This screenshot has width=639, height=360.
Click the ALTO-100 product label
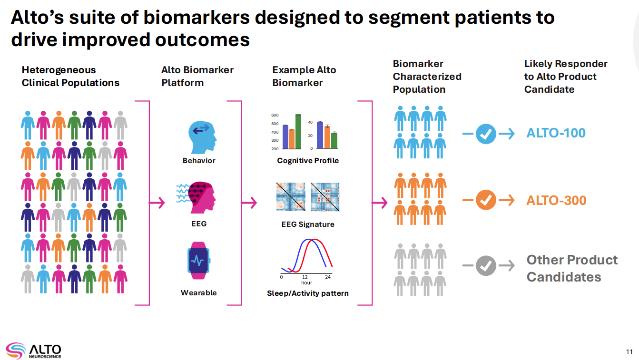click(556, 133)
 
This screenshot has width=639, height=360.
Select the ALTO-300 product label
click(556, 201)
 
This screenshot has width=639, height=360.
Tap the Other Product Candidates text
click(572, 268)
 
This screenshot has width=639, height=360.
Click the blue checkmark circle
click(486, 134)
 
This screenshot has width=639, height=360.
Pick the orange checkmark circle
click(486, 201)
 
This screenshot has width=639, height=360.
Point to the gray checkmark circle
click(486, 266)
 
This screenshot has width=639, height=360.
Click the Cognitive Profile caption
click(308, 161)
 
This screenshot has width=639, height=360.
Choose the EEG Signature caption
click(308, 224)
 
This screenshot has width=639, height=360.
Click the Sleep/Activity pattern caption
click(308, 293)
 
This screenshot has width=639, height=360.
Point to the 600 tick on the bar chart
click(275, 115)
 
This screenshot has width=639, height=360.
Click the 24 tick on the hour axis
click(328, 277)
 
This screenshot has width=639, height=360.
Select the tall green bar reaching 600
click(298, 131)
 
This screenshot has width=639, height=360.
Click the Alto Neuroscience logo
click(33, 350)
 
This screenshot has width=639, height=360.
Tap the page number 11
click(629, 352)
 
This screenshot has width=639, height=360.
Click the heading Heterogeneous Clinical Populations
click(70, 76)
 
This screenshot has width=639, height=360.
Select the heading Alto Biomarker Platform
click(197, 76)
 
